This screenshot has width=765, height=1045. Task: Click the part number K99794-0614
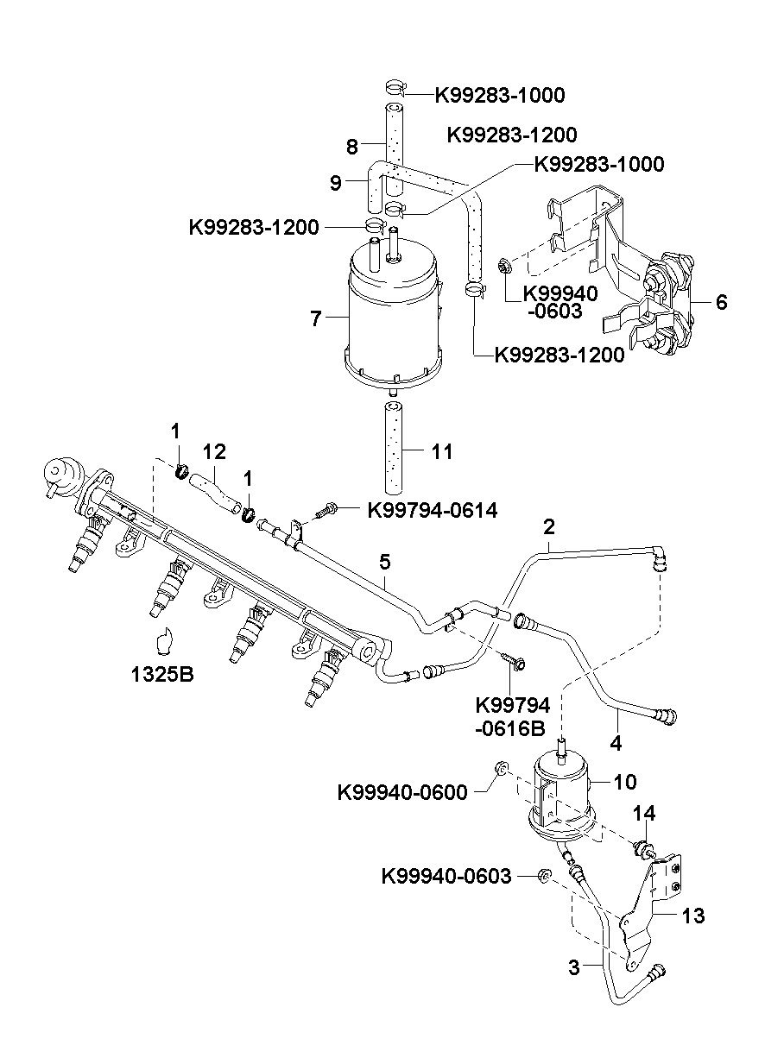pyautogui.click(x=433, y=510)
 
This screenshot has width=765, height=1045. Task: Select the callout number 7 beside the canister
pyautogui.click(x=316, y=319)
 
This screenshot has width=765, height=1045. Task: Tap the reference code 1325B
pyautogui.click(x=162, y=675)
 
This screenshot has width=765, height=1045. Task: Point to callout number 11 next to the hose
pyautogui.click(x=441, y=451)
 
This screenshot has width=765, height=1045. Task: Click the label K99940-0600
pyautogui.click(x=402, y=793)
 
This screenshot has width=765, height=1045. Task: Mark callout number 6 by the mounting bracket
pyautogui.click(x=721, y=302)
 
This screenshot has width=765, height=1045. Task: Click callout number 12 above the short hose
pyautogui.click(x=215, y=451)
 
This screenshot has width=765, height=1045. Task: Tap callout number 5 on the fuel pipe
pyautogui.click(x=384, y=562)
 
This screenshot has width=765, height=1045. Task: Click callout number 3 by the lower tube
pyautogui.click(x=574, y=967)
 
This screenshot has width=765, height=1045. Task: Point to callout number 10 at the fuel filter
pyautogui.click(x=625, y=782)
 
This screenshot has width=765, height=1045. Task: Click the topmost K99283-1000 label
pyautogui.click(x=500, y=95)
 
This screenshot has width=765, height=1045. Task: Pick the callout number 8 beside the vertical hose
pyautogui.click(x=352, y=147)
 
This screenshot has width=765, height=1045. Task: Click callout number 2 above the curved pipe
pyautogui.click(x=549, y=526)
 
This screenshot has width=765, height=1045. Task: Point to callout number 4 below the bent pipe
pyautogui.click(x=616, y=744)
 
